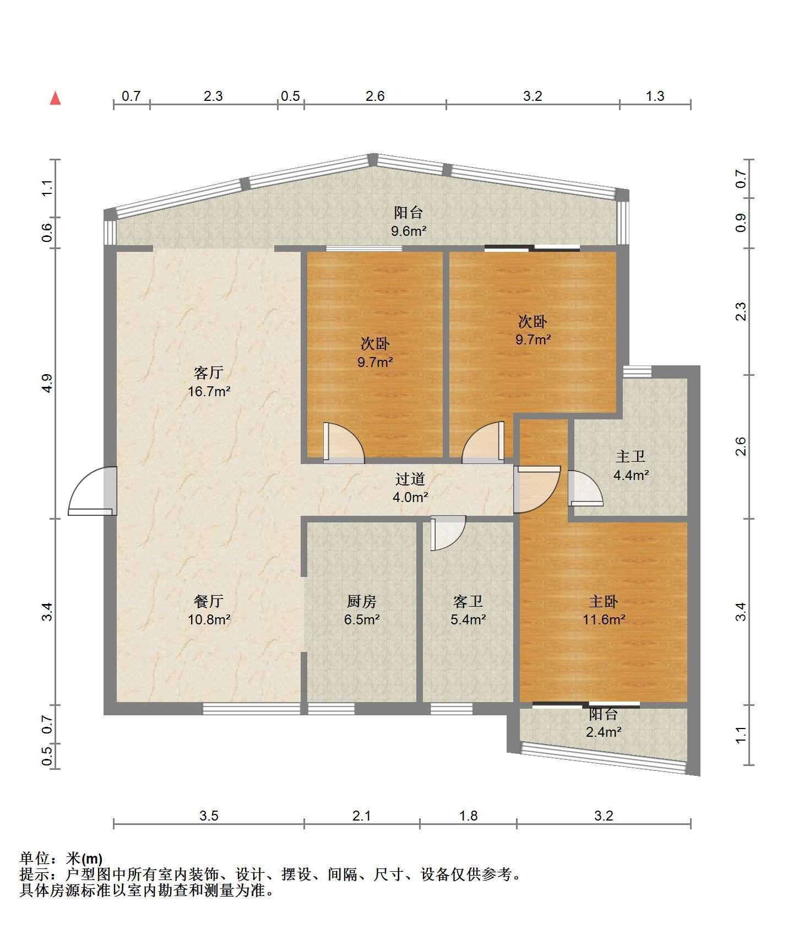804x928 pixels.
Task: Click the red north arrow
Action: click(x=55, y=98)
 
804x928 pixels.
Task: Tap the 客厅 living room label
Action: click(x=209, y=373)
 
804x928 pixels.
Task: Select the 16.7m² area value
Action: click(x=209, y=392)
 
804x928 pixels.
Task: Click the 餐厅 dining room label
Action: click(x=209, y=601)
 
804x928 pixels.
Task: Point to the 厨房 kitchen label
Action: click(x=362, y=601)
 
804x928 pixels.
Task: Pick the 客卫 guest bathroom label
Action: click(x=468, y=601)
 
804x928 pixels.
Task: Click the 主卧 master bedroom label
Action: click(x=604, y=601)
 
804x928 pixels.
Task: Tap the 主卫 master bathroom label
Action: click(x=631, y=456)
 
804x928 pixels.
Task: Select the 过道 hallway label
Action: click(x=410, y=479)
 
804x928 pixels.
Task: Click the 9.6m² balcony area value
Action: click(x=409, y=231)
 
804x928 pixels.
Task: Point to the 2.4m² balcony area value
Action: click(x=604, y=732)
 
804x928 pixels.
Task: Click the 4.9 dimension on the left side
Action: click(x=48, y=383)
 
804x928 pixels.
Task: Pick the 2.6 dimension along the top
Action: click(x=375, y=96)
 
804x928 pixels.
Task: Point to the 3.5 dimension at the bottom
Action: click(x=209, y=816)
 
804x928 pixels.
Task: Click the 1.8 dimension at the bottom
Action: click(x=469, y=816)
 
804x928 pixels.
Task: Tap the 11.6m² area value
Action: click(x=604, y=619)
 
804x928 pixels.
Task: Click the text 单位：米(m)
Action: click(x=61, y=859)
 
